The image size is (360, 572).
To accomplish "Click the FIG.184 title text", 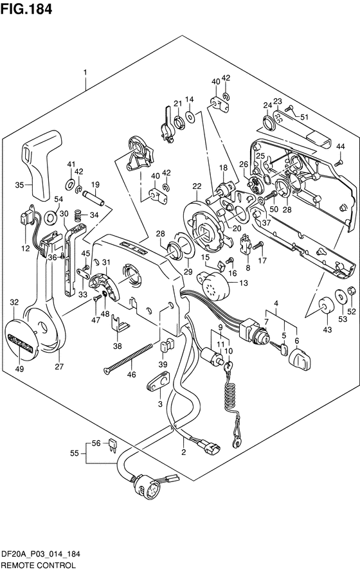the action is pyautogui.click(x=26, y=9).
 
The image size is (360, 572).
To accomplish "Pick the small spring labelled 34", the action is pyautogui.click(x=77, y=215).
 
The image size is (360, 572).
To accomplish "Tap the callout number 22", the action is pyautogui.click(x=197, y=186).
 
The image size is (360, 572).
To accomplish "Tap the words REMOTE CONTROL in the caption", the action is pyautogui.click(x=38, y=566).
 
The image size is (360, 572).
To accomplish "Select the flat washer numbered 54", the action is pyautogui.click(x=50, y=218).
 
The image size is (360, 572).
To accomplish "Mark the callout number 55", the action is pyautogui.click(x=75, y=453).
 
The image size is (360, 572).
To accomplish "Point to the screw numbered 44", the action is pyautogui.click(x=339, y=163).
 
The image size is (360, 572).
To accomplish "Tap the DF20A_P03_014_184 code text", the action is pyautogui.click(x=40, y=555).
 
